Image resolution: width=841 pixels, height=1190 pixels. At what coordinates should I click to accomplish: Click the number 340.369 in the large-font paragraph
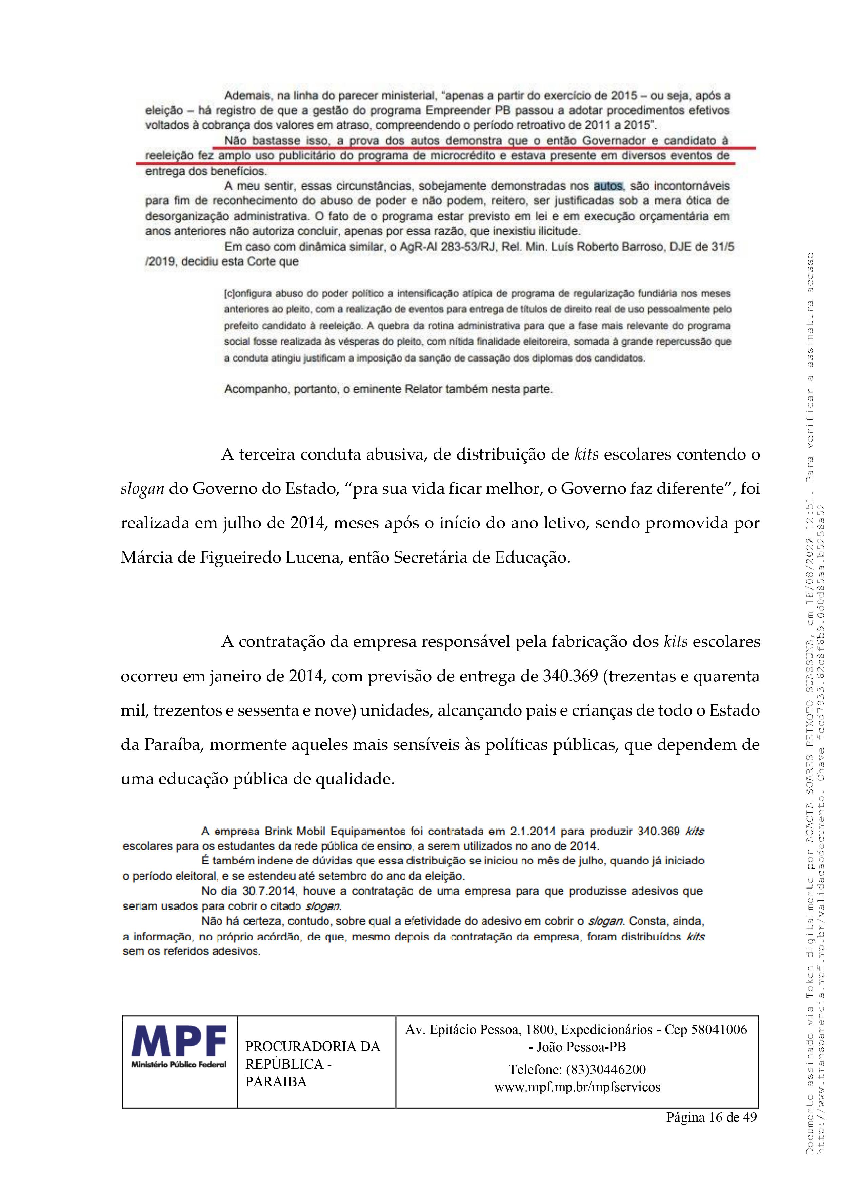[570, 676]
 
